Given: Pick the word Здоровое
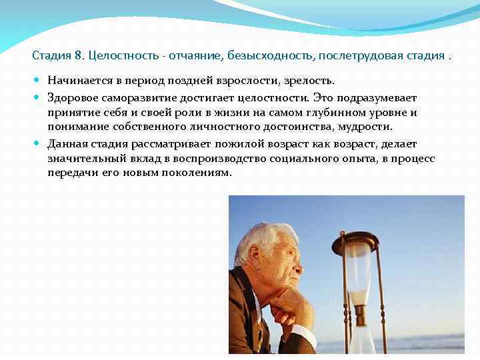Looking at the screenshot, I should tap(73, 97).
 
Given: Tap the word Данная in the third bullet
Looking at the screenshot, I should tap(67, 144).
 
